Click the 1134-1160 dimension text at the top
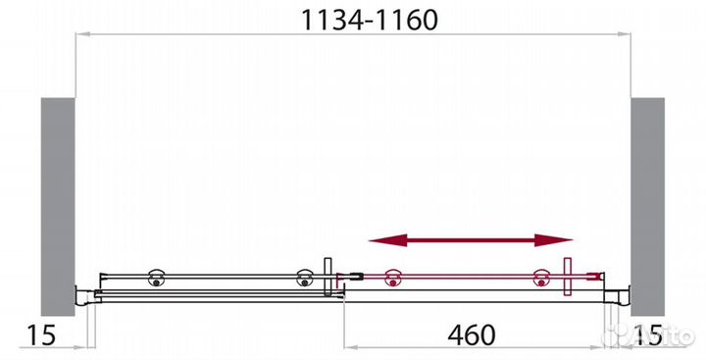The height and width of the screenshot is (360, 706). (x=354, y=19)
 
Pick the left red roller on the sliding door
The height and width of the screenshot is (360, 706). (x=393, y=279)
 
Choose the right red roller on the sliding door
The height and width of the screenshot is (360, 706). (x=540, y=279)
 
